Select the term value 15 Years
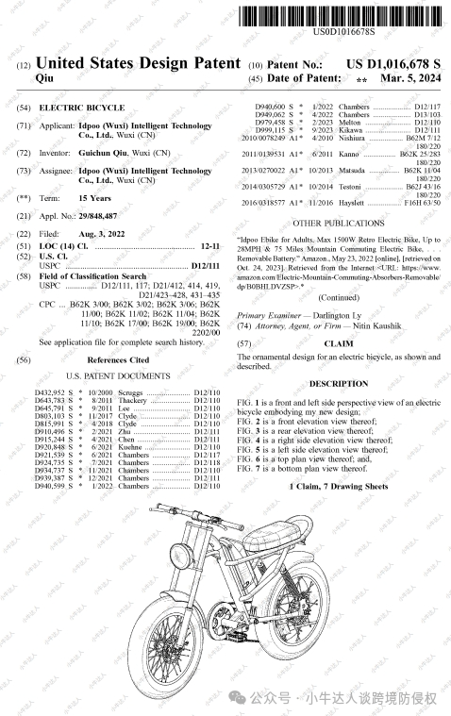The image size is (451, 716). (x=96, y=199)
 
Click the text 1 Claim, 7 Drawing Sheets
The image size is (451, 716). (x=338, y=486)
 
